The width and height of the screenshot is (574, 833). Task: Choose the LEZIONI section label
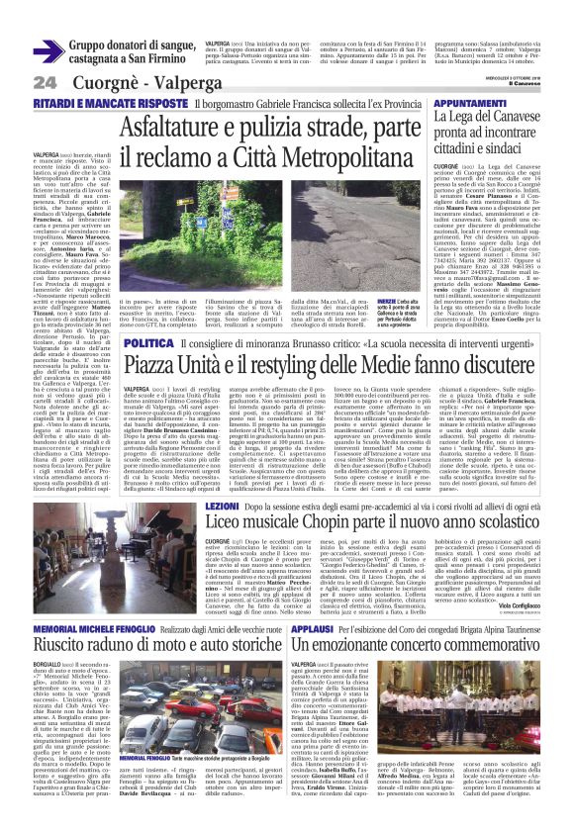pos(222,506)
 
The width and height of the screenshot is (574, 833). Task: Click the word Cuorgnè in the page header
pos(99,81)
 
